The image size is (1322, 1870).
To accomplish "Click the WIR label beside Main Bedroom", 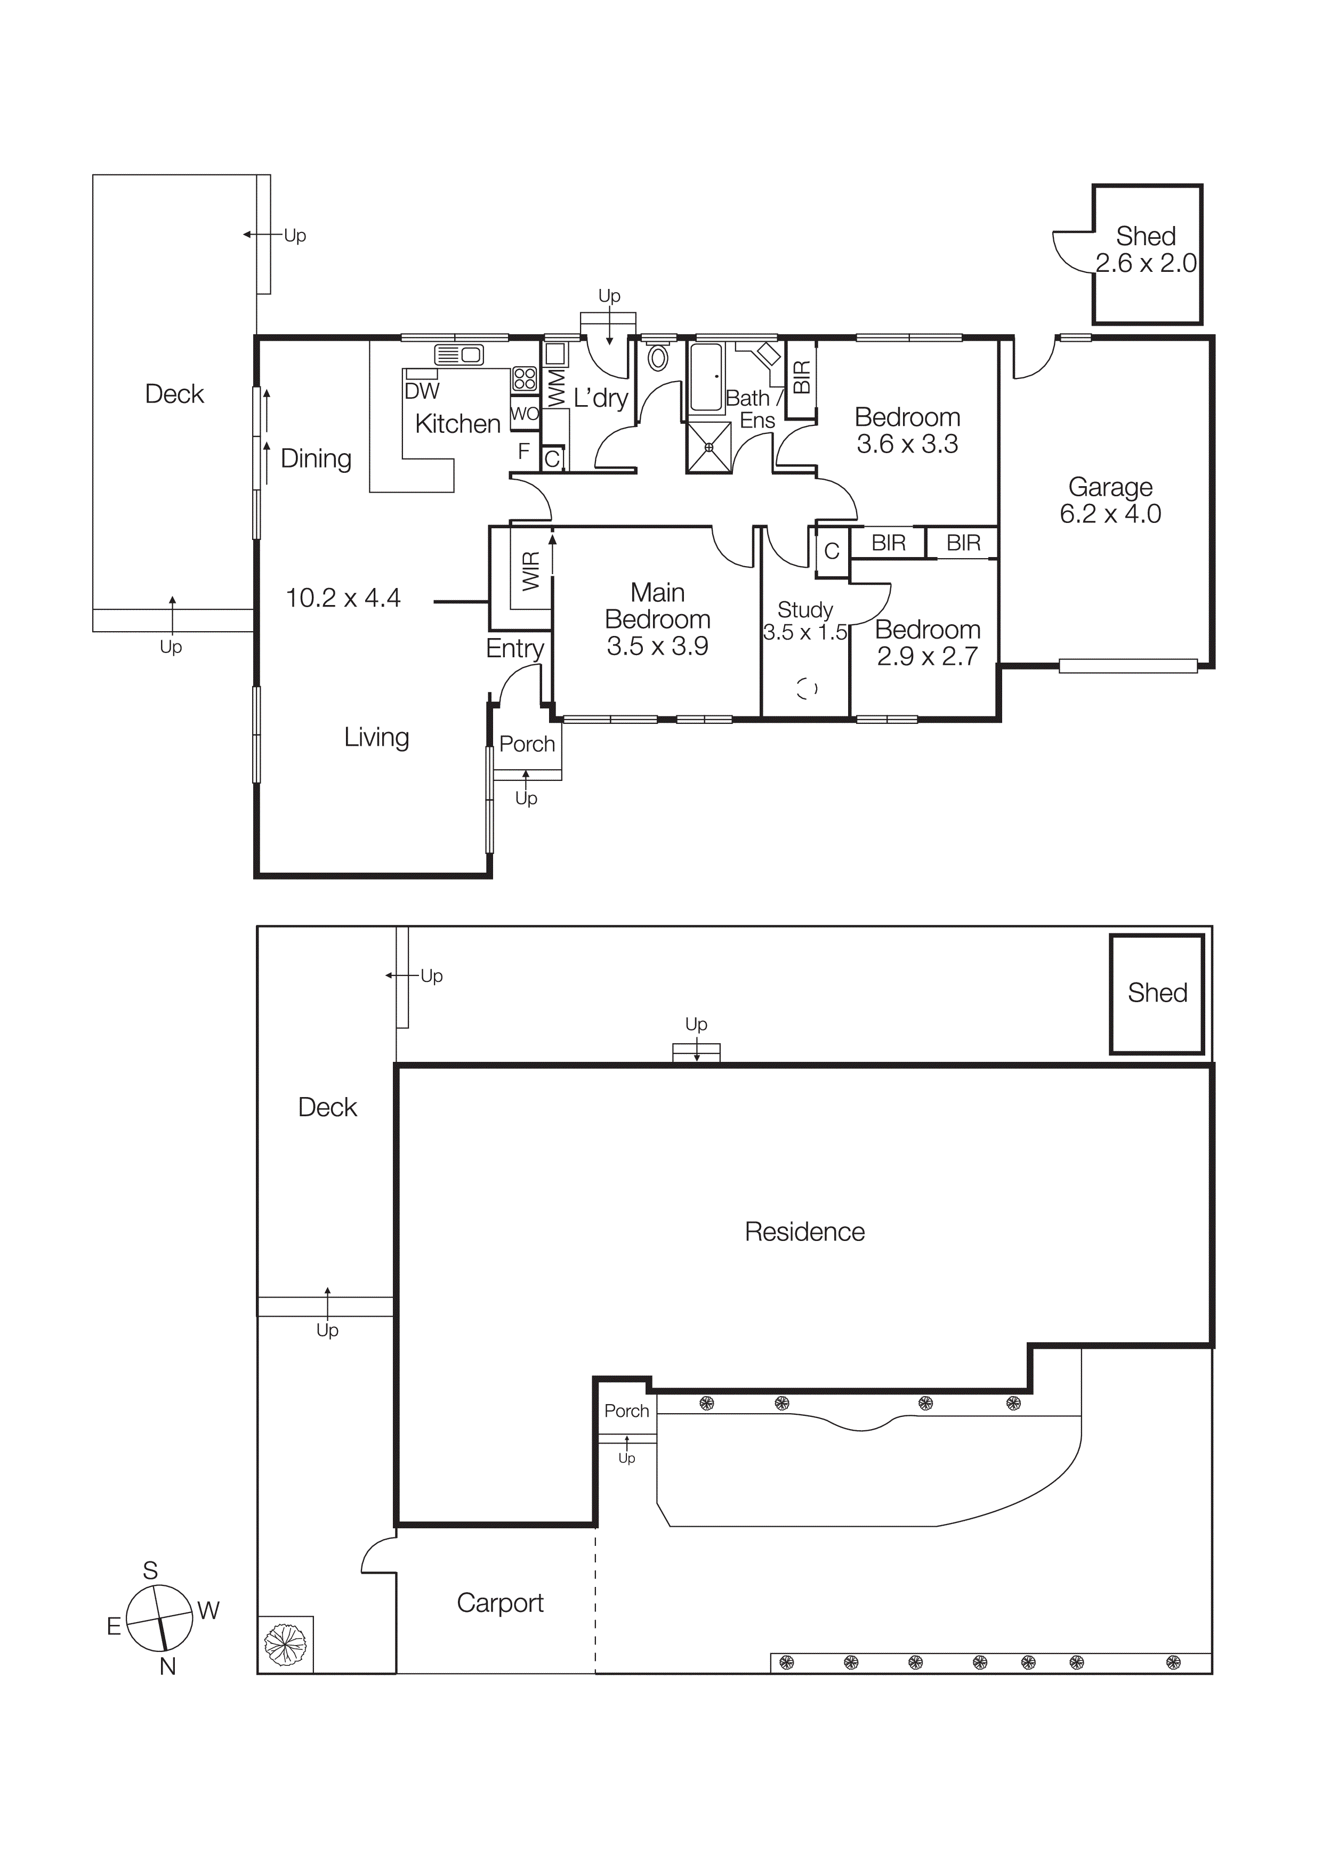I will [530, 570].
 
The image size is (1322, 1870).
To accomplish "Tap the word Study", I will [805, 609].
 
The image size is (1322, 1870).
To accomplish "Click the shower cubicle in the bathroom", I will [708, 447].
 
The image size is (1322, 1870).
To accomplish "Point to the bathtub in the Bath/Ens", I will [705, 377].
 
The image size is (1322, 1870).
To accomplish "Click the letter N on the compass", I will [168, 1666].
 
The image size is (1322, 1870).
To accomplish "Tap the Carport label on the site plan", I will [499, 1603].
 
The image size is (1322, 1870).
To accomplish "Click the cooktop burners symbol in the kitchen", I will [525, 378].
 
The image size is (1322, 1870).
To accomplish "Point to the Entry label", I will [515, 648].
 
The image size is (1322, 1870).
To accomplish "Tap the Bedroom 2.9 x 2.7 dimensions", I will [927, 656].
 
